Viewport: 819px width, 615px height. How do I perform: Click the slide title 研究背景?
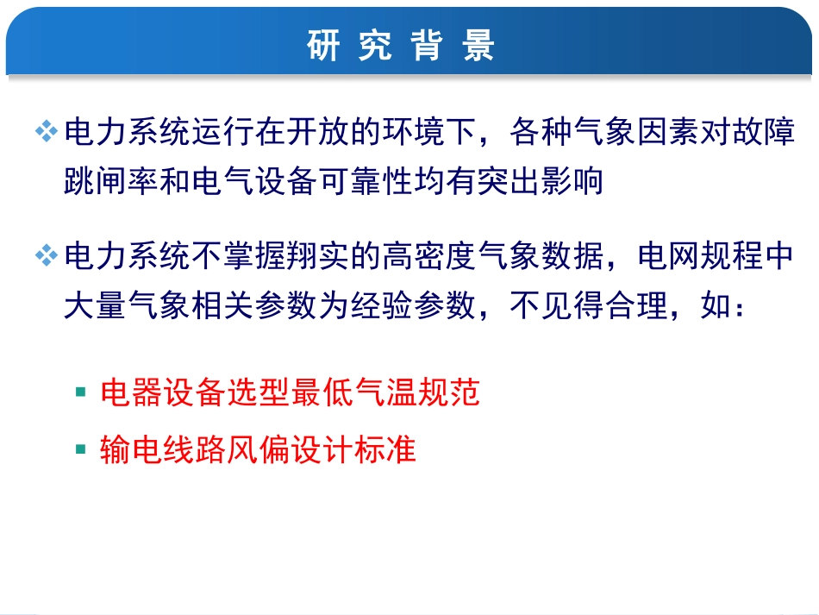(x=402, y=46)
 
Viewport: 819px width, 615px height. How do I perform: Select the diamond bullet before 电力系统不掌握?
(x=45, y=255)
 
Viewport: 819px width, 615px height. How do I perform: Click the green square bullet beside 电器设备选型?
(x=81, y=392)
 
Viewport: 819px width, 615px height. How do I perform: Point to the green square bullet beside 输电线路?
(x=81, y=449)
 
